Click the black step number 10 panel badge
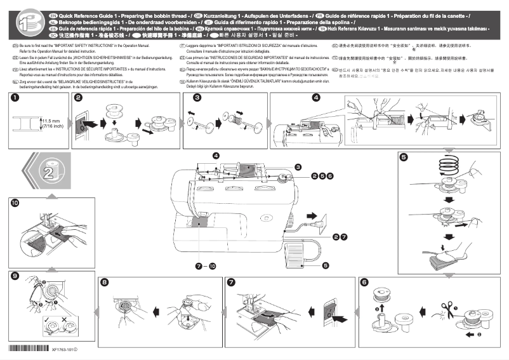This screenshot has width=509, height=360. (15, 203)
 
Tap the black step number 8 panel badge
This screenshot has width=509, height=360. (105, 282)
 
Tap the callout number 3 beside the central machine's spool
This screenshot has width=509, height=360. (298, 166)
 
